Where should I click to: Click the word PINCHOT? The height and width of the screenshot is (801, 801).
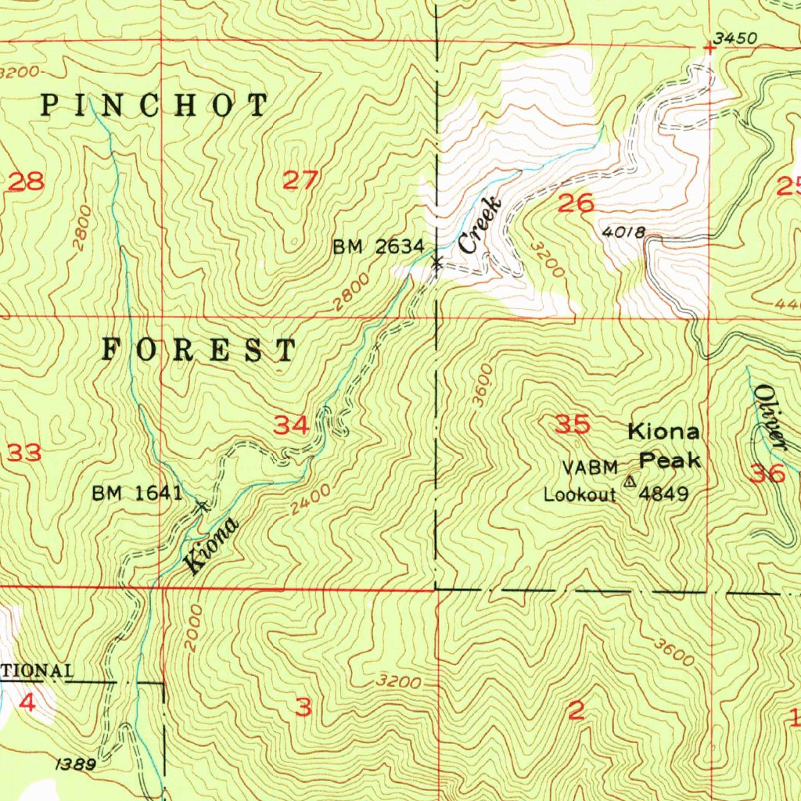(154, 105)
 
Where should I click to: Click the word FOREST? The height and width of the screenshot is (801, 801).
(199, 350)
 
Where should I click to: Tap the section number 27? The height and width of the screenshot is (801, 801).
(300, 181)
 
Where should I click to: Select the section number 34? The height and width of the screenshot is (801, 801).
(291, 426)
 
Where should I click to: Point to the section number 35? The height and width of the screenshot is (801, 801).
(572, 425)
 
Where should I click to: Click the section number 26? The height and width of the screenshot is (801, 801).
(576, 204)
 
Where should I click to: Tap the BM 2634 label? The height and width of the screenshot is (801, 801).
(379, 248)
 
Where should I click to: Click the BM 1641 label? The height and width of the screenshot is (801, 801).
(137, 493)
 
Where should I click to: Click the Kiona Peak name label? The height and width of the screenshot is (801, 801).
(664, 446)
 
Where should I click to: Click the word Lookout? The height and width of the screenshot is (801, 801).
(580, 494)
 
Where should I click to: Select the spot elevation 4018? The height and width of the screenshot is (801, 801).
(623, 232)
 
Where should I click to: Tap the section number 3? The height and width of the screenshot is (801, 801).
(304, 708)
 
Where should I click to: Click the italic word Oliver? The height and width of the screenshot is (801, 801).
(770, 417)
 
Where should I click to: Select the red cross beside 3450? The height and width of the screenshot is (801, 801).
(709, 48)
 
